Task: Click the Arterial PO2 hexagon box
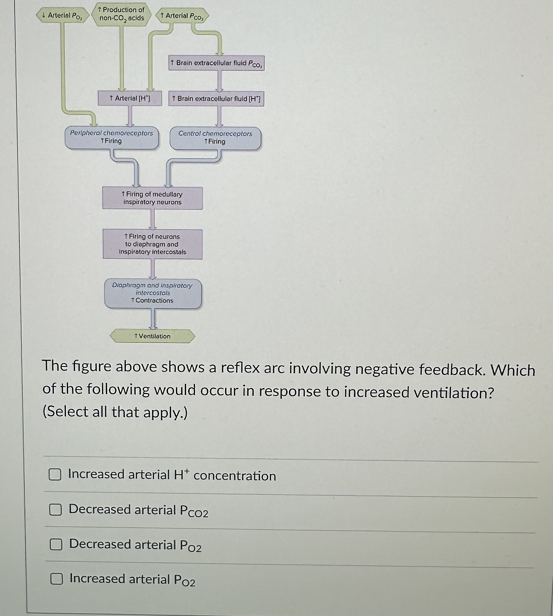(63, 15)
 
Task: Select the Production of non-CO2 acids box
(122, 14)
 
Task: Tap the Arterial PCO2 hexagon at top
(182, 16)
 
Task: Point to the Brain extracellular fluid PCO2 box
(216, 63)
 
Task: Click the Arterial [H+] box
(130, 98)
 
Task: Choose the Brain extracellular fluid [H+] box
(216, 99)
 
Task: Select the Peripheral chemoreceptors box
(112, 137)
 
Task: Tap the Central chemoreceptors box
(215, 138)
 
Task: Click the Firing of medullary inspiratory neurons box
(153, 198)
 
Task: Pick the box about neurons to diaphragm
(153, 244)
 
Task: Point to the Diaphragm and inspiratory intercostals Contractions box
(153, 293)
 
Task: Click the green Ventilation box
(152, 336)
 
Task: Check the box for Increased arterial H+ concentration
(55, 475)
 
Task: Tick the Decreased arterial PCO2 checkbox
(56, 510)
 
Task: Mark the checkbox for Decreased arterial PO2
(56, 544)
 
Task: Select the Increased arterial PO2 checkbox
(56, 579)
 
